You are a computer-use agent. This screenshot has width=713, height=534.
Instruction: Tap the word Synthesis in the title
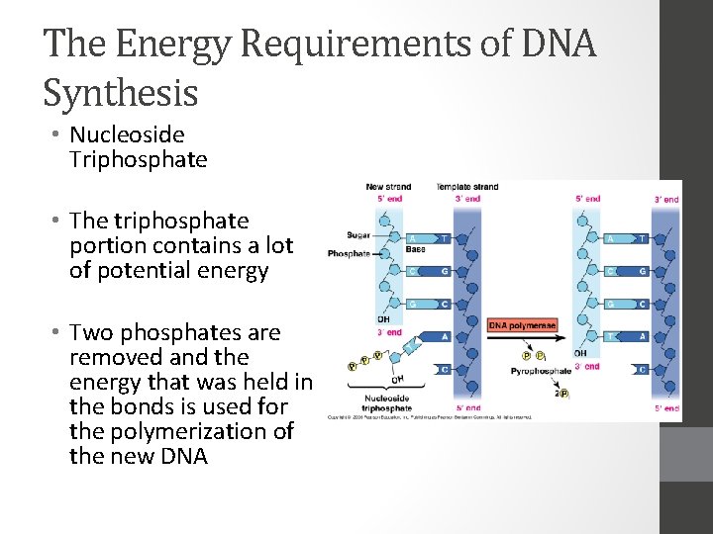(x=121, y=93)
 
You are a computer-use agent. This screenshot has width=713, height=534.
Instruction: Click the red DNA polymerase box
(x=522, y=325)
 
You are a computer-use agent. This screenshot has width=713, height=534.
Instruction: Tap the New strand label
(x=388, y=187)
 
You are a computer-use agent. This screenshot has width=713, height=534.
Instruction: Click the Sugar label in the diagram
(x=358, y=235)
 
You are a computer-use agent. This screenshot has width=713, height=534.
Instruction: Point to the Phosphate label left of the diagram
(x=349, y=253)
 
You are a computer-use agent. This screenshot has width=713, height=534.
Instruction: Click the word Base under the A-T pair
(x=415, y=250)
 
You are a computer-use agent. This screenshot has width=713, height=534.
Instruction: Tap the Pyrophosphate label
(x=542, y=373)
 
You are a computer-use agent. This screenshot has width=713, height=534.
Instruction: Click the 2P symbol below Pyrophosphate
(x=561, y=393)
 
